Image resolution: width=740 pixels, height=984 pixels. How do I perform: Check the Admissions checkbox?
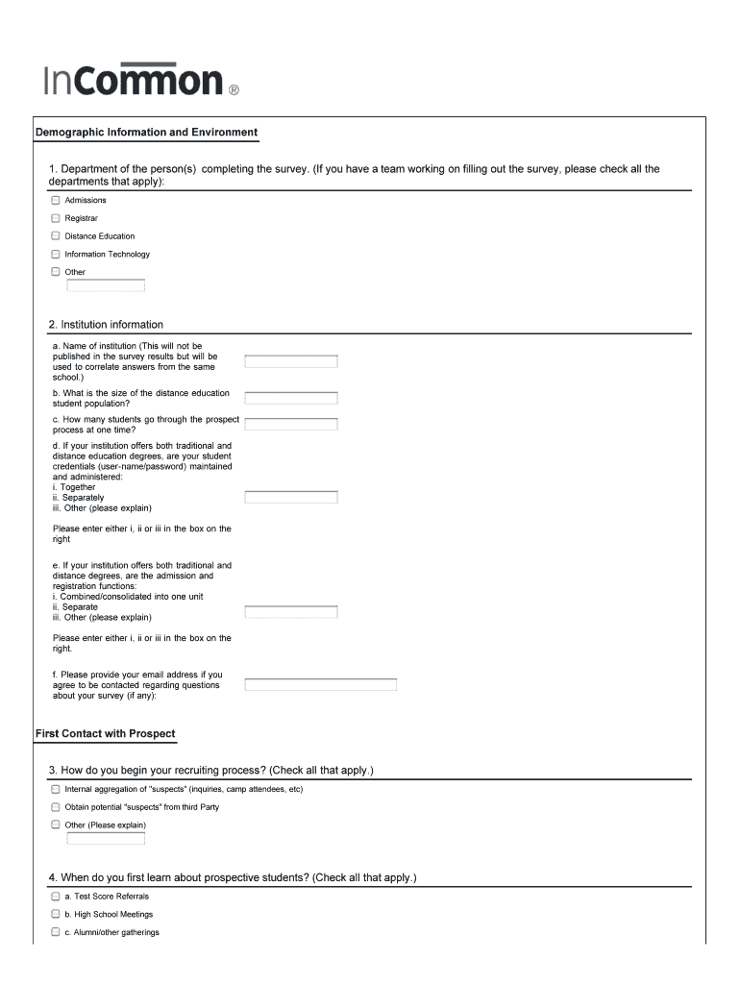tap(56, 201)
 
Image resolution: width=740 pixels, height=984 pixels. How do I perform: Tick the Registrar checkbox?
tap(56, 218)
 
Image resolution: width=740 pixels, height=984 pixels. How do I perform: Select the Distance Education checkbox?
tap(56, 236)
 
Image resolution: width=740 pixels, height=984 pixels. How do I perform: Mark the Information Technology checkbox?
tap(56, 255)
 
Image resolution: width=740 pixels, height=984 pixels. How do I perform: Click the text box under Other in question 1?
tap(106, 285)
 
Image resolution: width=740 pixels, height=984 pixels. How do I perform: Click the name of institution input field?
tap(291, 362)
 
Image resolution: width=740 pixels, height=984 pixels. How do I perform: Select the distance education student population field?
tap(291, 398)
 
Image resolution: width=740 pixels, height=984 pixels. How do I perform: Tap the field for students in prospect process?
tap(291, 424)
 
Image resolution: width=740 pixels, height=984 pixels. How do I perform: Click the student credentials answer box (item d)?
tap(291, 497)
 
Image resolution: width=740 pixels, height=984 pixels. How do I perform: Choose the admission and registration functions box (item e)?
tap(291, 612)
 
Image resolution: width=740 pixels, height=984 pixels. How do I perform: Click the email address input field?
tap(321, 685)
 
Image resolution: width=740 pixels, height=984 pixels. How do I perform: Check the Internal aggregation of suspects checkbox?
tap(56, 789)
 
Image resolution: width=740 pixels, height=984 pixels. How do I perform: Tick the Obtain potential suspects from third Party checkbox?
tap(56, 807)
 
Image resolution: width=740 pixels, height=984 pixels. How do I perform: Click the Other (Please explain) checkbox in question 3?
tap(56, 824)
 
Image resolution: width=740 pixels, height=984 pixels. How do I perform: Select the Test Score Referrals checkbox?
tap(56, 897)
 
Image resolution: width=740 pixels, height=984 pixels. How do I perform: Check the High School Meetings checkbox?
tap(56, 915)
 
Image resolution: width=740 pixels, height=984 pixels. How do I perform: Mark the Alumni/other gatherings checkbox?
tap(56, 932)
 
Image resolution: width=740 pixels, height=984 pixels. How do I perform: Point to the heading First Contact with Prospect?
tap(106, 734)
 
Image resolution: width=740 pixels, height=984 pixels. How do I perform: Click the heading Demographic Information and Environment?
tap(146, 133)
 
